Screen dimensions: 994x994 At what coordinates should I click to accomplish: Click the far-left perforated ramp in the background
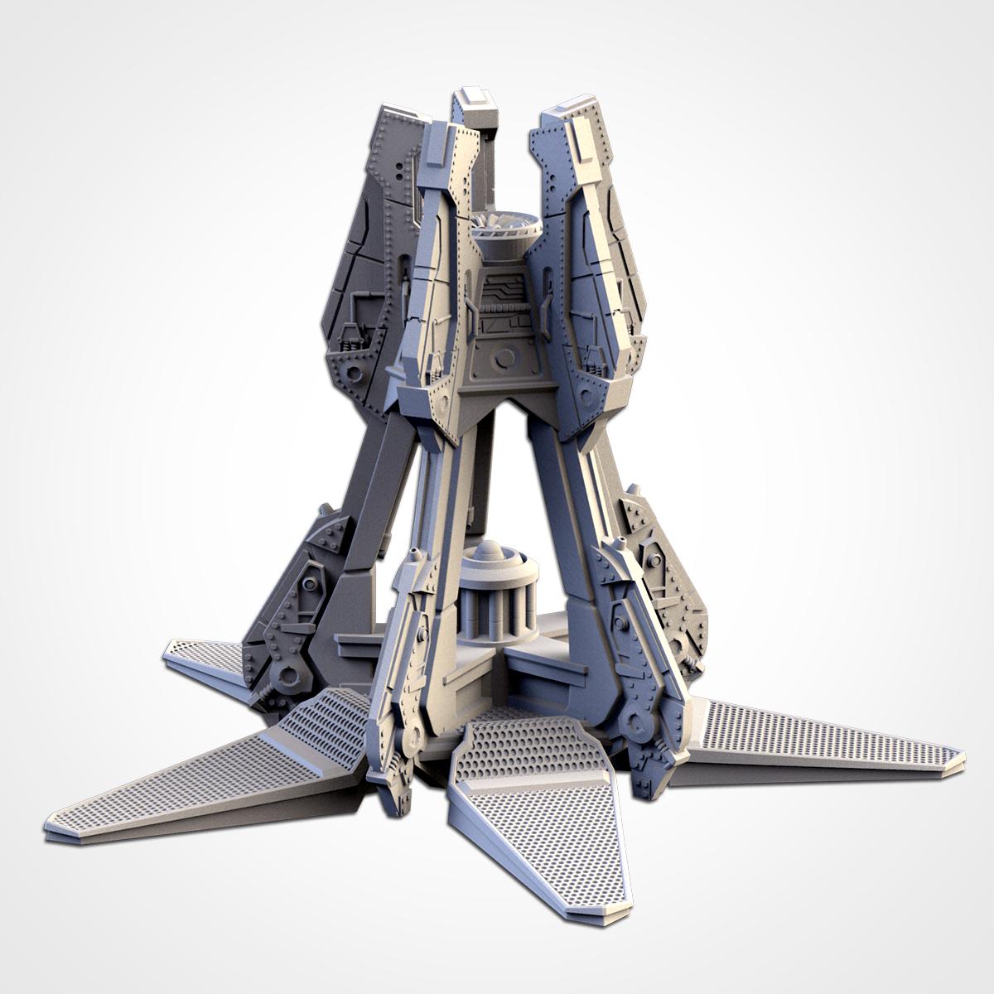point(199,654)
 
